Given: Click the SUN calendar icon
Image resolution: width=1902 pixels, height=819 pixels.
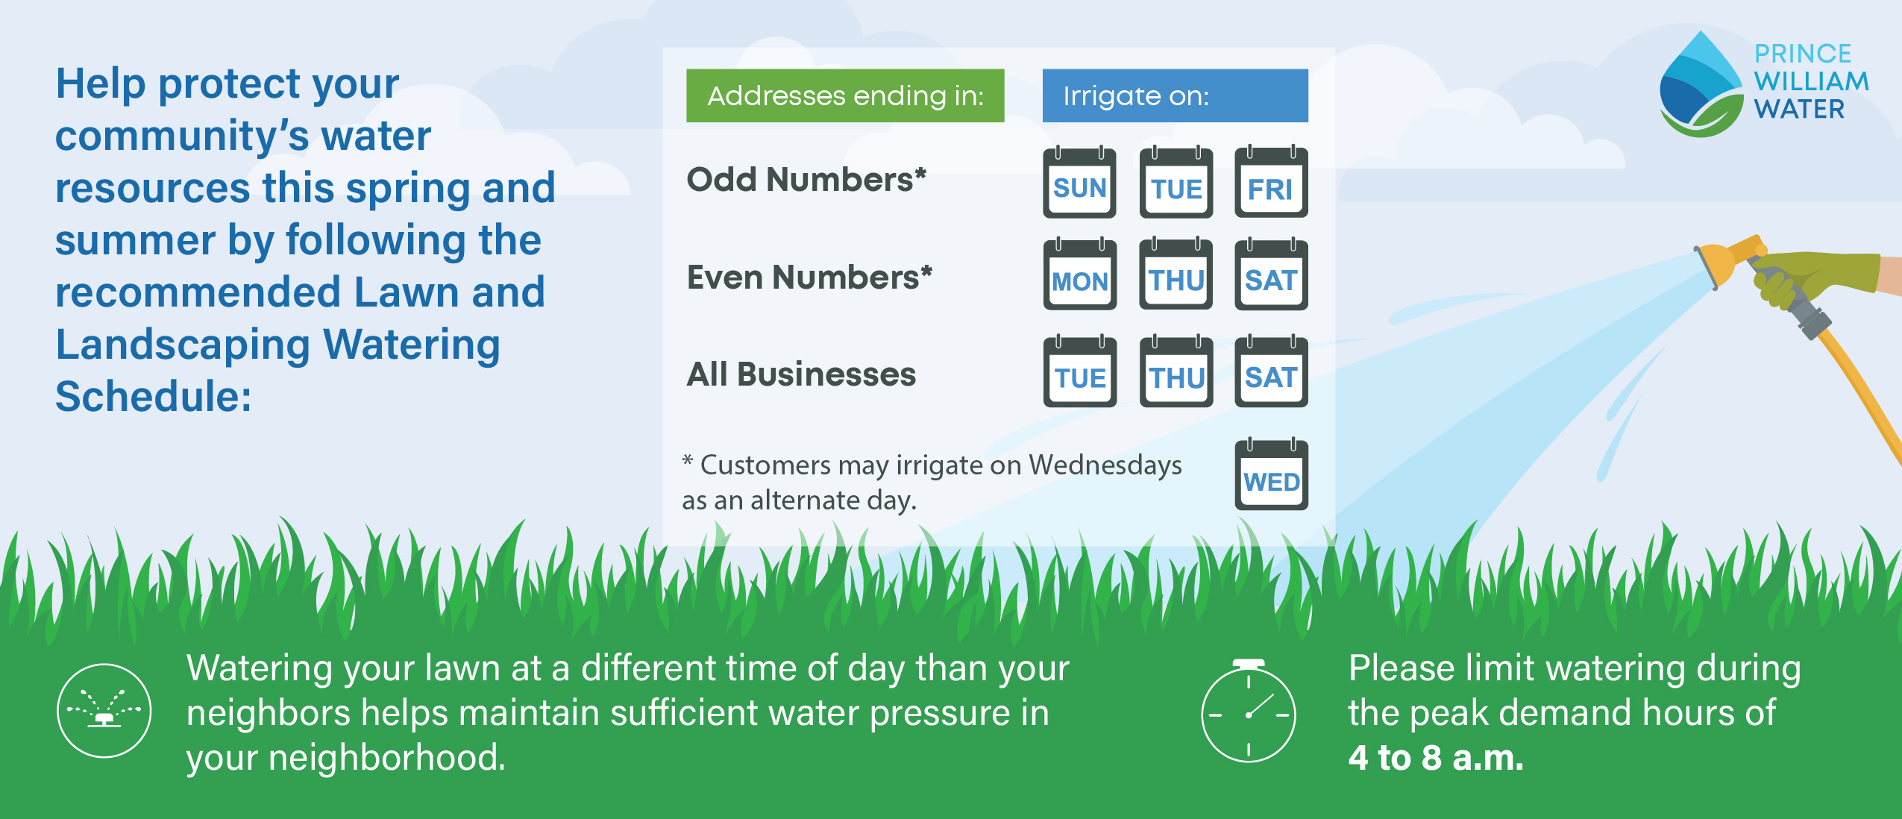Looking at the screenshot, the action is point(1079,183).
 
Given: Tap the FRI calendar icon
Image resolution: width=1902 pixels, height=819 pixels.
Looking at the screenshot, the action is point(1271,183).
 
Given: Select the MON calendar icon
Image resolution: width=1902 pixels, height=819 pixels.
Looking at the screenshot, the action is point(1080,274).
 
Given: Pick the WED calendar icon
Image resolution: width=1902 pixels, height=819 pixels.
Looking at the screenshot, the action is point(1271,474).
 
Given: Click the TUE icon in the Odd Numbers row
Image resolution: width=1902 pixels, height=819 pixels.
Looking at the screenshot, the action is point(1176,183).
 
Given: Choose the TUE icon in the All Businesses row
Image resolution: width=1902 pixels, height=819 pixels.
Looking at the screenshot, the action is point(1080,371).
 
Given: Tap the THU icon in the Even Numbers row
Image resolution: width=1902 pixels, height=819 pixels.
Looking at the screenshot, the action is point(1176,274).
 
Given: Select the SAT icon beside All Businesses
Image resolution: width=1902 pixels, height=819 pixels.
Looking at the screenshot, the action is point(1271,371).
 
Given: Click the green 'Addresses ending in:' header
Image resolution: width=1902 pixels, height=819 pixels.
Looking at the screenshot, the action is point(845,95).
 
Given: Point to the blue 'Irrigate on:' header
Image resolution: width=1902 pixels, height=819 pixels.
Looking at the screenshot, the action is point(1176,95).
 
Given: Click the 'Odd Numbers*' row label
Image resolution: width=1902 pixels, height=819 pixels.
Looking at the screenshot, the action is point(806,180).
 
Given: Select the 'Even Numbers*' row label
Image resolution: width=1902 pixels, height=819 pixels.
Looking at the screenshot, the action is point(809,277).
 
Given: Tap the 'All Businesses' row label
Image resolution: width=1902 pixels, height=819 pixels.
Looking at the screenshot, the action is point(801,374).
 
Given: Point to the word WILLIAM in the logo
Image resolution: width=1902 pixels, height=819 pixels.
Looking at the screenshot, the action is point(1812,81).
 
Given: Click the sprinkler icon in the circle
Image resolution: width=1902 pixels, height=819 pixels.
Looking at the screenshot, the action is point(104,710).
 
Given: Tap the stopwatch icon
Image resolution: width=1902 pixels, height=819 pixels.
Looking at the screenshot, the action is point(1249,710).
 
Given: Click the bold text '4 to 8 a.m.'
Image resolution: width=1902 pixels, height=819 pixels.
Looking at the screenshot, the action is point(1436,758).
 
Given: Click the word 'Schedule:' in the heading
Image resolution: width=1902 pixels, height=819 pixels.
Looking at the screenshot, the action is point(154,396).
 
